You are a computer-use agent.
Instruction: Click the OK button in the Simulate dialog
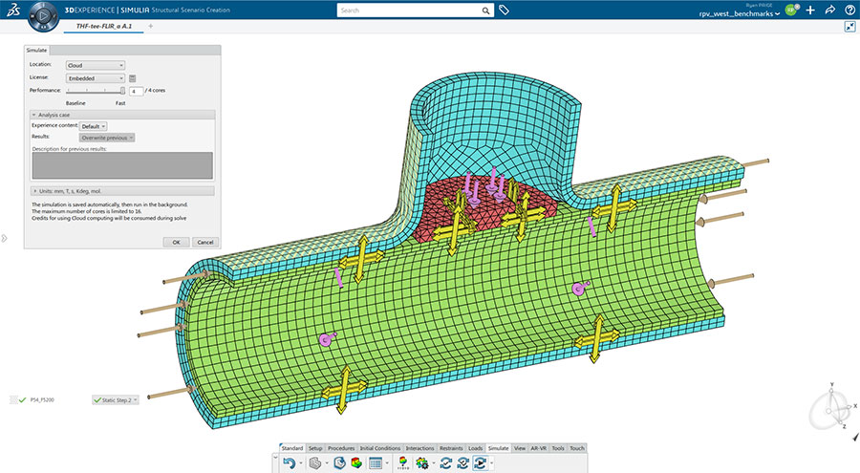tap(176, 242)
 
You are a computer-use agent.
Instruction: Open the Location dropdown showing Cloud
tap(96, 65)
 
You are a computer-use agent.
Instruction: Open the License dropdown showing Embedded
tap(96, 78)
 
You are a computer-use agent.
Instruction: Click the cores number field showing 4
tap(136, 91)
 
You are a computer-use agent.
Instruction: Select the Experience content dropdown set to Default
tap(94, 126)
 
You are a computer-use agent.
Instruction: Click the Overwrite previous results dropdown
tap(107, 138)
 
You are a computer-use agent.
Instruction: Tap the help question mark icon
tap(849, 11)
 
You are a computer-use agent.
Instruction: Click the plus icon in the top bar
tap(810, 11)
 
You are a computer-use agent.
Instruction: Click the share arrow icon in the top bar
tap(830, 11)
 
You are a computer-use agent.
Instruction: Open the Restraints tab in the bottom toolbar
tap(450, 447)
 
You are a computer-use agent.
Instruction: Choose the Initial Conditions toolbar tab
tap(380, 447)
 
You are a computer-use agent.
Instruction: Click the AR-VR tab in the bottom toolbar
tap(538, 447)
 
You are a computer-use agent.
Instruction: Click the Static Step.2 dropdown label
tap(116, 399)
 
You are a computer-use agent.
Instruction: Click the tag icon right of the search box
tap(505, 11)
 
